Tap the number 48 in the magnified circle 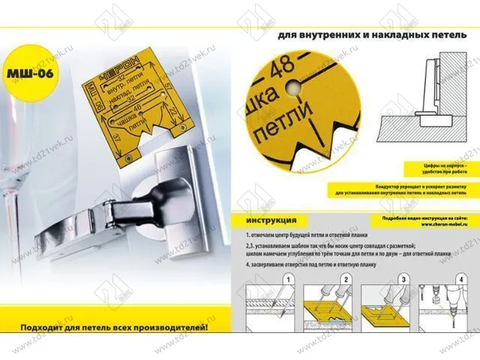(x=286, y=67)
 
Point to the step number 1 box (x=286, y=278)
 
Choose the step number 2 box (x=346, y=278)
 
